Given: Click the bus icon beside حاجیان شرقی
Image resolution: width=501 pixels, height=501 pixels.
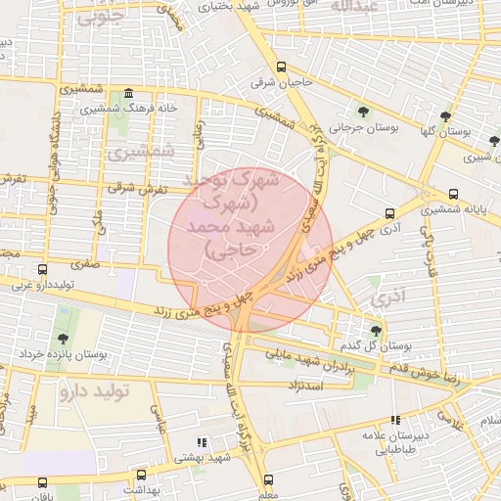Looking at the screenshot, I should point(282,68).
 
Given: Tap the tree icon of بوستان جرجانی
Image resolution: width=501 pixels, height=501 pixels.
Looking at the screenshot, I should point(364,112).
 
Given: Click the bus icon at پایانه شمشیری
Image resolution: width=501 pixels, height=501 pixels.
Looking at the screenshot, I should point(453,194).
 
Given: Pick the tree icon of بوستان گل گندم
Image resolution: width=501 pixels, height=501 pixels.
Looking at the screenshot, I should point(377,330).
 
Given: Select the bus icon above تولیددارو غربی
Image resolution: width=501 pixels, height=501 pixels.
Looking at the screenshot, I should point(41,269).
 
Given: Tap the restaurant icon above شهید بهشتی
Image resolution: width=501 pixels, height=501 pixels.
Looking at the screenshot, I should point(203,442).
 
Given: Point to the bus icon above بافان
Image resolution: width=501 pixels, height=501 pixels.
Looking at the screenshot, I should point(40,481).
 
